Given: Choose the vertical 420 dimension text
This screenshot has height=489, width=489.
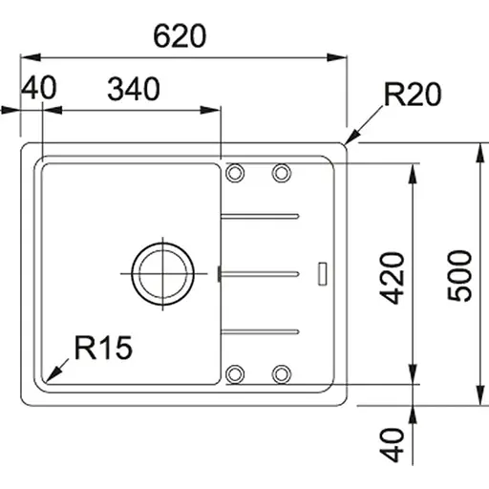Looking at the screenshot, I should point(391,278).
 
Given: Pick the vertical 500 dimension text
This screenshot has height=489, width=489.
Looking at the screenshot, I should point(461,276).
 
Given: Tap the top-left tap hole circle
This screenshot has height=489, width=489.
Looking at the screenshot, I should point(235,173).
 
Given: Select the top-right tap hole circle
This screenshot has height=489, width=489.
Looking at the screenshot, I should point(281,173).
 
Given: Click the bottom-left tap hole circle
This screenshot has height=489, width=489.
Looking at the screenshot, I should point(235,372).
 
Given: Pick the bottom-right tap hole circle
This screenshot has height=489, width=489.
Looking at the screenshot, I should point(281,372).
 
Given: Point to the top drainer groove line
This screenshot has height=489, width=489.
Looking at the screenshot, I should point(261,216).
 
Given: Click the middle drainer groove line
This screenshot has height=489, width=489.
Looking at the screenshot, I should point(261,274).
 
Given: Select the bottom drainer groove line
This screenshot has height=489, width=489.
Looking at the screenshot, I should point(261,332).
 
